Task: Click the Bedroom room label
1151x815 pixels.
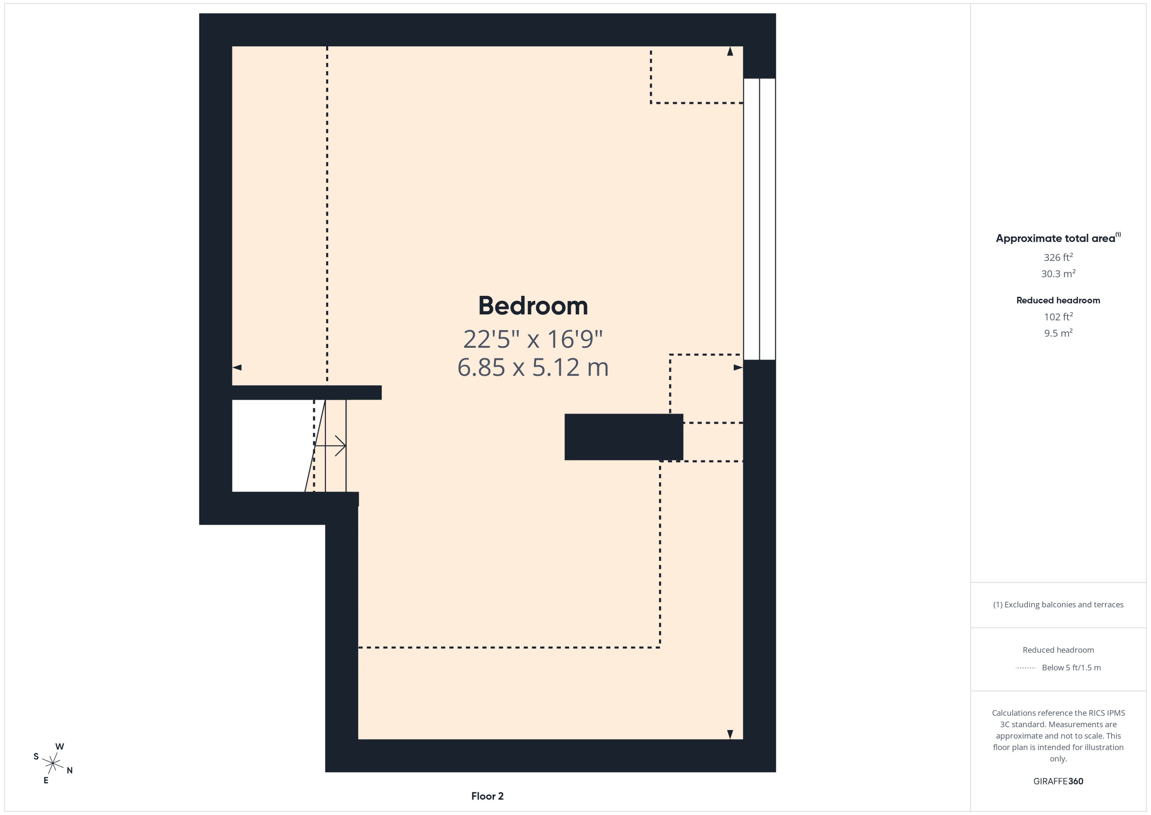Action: (533, 306)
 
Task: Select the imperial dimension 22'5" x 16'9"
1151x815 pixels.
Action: (533, 339)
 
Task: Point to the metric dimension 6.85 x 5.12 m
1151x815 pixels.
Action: (533, 367)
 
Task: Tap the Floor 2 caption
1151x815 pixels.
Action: (487, 796)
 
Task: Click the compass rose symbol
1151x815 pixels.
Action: (53, 763)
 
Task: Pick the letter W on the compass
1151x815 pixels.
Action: (60, 746)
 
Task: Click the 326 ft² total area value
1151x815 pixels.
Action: (1058, 257)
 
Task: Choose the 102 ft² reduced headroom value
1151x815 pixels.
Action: (1058, 317)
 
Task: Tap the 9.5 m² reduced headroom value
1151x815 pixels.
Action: (1058, 333)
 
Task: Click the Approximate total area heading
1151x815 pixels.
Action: (1057, 238)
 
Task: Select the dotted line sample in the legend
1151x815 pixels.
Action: (1025, 668)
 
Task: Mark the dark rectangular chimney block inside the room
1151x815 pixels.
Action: (624, 437)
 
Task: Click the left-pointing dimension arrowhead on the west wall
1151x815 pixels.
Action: (237, 367)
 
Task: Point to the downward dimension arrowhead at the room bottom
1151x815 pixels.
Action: (730, 734)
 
